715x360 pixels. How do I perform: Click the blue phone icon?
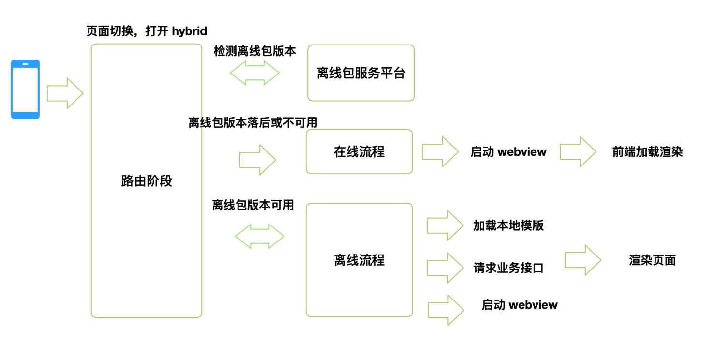25,90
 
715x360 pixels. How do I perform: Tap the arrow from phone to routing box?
65,93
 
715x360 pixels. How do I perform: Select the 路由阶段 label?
147,181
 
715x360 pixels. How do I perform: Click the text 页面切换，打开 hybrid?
147,31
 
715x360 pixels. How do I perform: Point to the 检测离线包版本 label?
255,51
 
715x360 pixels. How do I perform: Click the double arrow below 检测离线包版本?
255,73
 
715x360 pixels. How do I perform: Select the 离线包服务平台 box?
361,73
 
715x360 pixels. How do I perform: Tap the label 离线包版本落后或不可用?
253,123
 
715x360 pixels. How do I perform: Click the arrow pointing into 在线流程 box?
258,160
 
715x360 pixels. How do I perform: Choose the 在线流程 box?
359,152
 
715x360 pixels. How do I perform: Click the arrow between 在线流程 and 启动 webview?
440,152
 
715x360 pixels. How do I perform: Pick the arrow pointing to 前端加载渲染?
578,152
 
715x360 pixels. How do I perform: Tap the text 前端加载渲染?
647,152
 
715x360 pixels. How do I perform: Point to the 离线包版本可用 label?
253,205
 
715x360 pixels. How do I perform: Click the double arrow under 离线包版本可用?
260,237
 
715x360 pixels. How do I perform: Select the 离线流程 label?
359,260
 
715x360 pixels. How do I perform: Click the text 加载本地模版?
508,226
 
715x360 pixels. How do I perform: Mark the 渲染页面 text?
652,260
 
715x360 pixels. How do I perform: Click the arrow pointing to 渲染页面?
583,260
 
